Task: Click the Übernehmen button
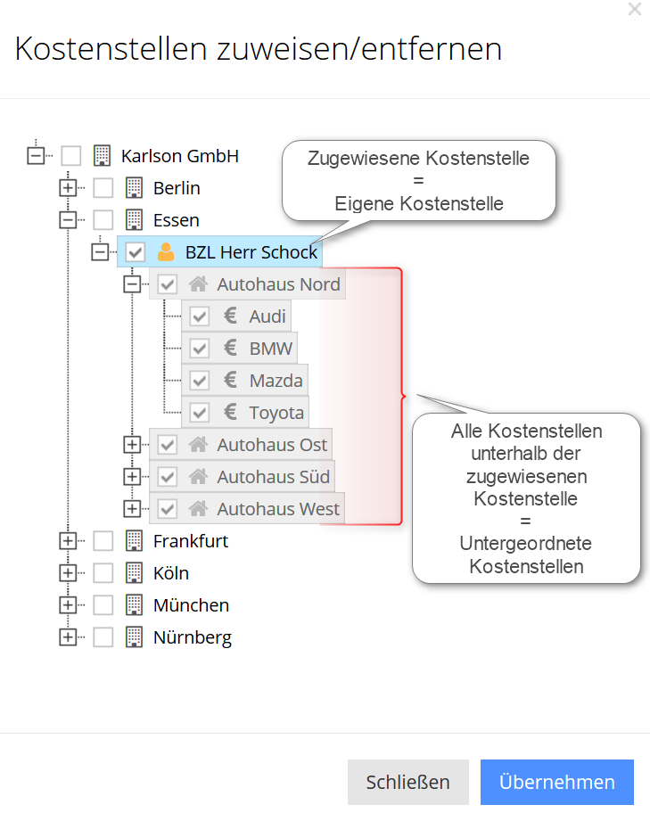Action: click(556, 782)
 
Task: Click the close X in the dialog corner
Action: click(635, 10)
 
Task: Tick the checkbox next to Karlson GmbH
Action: click(71, 156)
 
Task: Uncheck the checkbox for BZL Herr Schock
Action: click(136, 252)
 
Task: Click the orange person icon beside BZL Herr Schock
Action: click(166, 252)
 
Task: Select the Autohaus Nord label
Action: click(278, 284)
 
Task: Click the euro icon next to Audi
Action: click(230, 316)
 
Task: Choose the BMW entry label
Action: click(271, 349)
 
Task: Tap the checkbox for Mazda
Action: click(200, 381)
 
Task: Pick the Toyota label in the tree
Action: click(276, 413)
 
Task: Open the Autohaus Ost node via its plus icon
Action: click(132, 445)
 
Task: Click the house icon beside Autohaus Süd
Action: click(198, 477)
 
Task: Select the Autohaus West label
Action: click(278, 509)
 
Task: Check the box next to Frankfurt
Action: click(103, 541)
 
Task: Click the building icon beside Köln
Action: click(134, 573)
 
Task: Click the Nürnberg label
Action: click(193, 637)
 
